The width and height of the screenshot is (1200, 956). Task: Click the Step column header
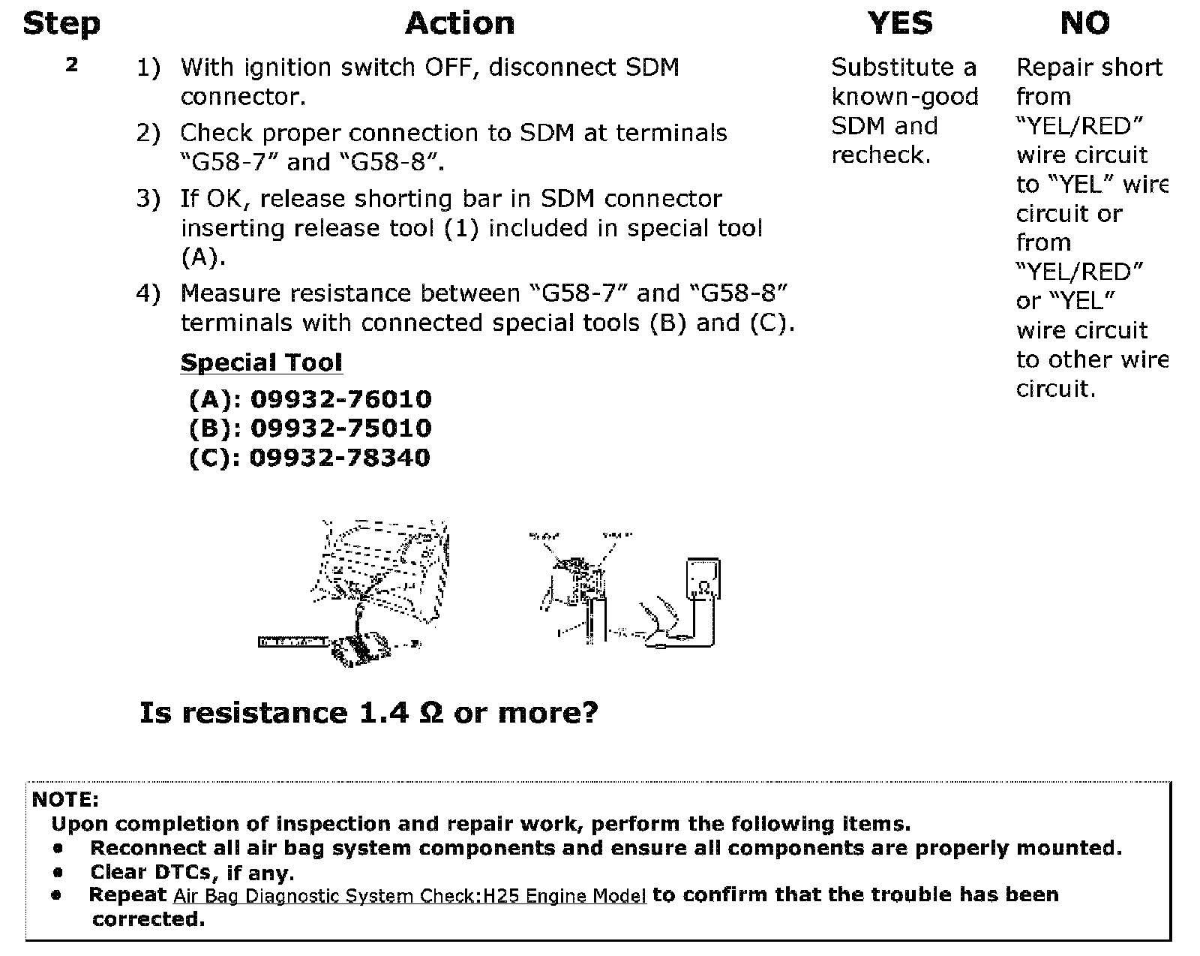tap(61, 24)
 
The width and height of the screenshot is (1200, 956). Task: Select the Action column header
tap(460, 24)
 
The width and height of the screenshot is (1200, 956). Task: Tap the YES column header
tap(900, 24)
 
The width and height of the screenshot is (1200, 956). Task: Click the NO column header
tap(1084, 24)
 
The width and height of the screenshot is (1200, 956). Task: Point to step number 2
tap(71, 65)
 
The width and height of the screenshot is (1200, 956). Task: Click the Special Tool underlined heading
tap(261, 363)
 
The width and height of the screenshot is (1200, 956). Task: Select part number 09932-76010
tap(340, 399)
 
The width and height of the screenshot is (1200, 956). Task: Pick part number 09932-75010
tap(340, 428)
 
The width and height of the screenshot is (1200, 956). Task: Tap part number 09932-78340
tap(340, 458)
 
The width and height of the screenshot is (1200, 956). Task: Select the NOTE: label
tap(65, 799)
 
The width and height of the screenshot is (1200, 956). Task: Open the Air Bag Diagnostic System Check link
tap(409, 896)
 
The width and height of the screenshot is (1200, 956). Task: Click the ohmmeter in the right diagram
tap(703, 579)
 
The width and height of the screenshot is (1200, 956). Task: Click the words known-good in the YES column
tap(904, 97)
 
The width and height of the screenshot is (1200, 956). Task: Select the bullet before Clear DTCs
tap(58, 873)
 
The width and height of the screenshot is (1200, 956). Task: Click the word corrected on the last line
tap(148, 919)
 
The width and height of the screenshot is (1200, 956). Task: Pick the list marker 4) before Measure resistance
tap(148, 293)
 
